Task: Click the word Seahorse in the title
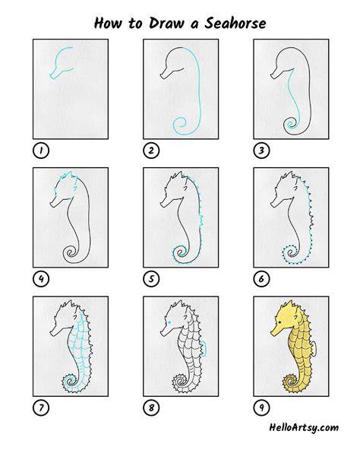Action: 235,23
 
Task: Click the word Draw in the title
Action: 166,23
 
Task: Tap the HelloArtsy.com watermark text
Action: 304,428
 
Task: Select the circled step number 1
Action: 41,151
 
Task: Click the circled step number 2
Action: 151,151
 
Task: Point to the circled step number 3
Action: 261,151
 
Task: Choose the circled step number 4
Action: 41,279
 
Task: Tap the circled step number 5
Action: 151,279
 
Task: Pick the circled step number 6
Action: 261,279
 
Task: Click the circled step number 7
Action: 41,407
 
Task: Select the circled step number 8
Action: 151,407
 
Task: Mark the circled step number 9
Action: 261,407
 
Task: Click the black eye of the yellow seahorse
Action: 279,322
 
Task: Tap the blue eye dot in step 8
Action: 169,322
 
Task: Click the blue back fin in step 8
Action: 204,348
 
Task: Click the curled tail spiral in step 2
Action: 180,125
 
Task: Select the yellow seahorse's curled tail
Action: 290,382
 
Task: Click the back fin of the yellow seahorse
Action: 314,348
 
